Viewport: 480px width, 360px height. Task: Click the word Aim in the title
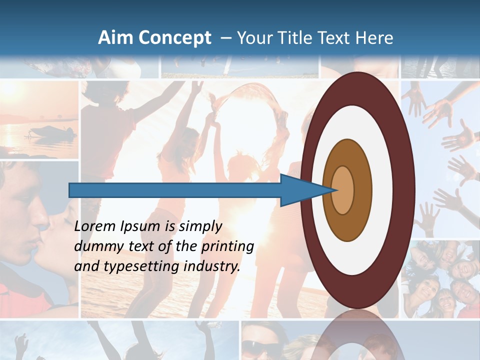click(114, 38)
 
